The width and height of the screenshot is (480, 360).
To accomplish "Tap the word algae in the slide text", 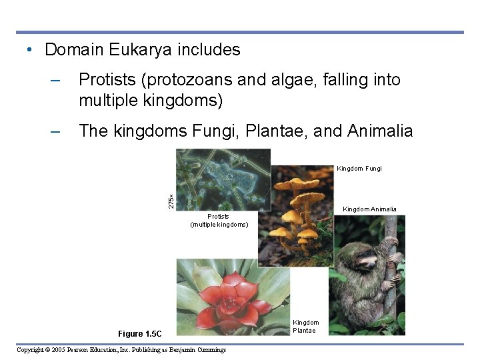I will (x=296, y=80).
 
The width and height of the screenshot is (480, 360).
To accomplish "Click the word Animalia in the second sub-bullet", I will (x=380, y=131).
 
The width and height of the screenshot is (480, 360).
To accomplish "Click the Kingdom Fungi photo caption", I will (x=359, y=169).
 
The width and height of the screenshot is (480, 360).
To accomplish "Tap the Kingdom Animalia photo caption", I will (x=369, y=209).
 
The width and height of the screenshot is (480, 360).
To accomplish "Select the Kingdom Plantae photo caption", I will (x=306, y=327).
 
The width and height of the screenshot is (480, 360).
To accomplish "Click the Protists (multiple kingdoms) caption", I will (x=219, y=221).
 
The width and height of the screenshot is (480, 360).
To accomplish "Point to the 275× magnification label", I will (x=171, y=201).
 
